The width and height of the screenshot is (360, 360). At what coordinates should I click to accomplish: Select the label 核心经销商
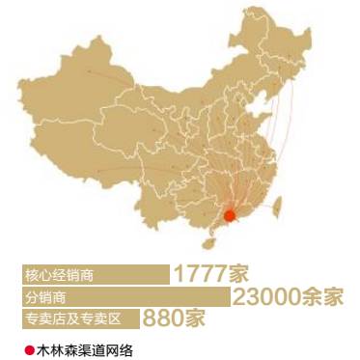pos(59,274)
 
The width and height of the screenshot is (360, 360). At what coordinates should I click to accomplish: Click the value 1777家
pos(216,273)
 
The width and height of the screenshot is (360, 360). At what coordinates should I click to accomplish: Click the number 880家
pos(174,317)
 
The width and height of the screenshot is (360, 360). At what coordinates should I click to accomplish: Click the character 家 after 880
pos(195,317)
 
